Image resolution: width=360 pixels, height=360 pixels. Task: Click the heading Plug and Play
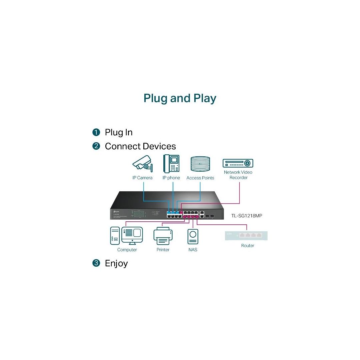(180, 98)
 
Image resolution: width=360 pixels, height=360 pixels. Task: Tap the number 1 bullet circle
(96, 132)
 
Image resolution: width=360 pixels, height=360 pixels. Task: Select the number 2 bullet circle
(96, 146)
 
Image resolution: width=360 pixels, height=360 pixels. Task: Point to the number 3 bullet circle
(96, 263)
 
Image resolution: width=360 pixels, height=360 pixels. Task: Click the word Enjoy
(116, 263)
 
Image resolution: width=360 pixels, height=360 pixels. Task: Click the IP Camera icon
(142, 163)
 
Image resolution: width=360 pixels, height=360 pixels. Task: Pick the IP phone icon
(171, 163)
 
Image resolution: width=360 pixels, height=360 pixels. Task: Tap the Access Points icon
(200, 164)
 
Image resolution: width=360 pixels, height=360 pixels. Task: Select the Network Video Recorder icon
(238, 163)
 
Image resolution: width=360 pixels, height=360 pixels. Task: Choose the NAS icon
(193, 236)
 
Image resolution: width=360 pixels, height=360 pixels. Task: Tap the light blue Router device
(246, 235)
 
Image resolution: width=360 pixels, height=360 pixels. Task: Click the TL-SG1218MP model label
(247, 216)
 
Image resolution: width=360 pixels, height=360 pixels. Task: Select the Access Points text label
(200, 178)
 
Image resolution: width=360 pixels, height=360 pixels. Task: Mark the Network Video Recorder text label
(238, 175)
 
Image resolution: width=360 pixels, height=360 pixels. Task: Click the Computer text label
(127, 250)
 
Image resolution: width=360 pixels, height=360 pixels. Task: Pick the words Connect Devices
(140, 146)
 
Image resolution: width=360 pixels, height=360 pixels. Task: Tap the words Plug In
(119, 132)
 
